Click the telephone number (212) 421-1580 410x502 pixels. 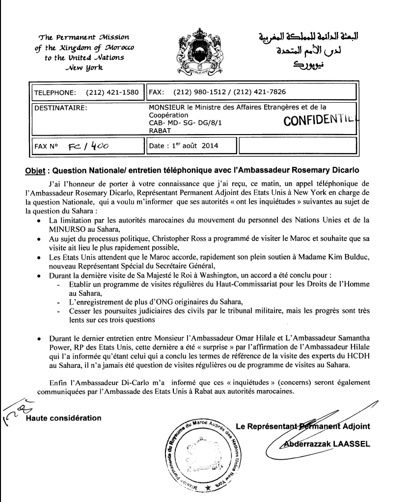click(112, 92)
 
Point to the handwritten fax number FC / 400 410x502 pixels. click(92, 146)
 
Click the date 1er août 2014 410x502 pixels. click(185, 146)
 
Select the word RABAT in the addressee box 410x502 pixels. click(160, 130)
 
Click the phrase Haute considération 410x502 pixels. click(63, 418)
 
